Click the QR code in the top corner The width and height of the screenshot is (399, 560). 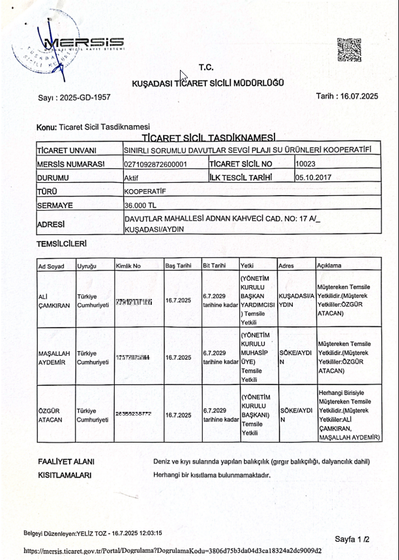(349, 50)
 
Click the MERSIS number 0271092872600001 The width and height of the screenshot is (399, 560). (156, 164)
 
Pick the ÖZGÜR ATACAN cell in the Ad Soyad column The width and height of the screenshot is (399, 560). (51, 415)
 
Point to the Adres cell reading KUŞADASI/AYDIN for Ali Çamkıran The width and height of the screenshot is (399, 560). (296, 300)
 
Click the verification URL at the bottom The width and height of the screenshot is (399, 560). (173, 550)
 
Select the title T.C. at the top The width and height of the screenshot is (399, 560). (206, 67)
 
